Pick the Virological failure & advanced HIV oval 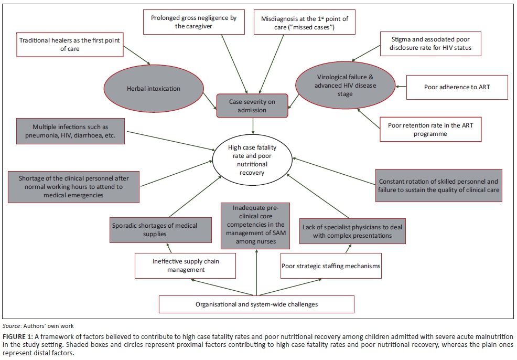[346, 86]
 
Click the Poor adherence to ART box [457, 87]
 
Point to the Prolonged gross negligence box [193, 22]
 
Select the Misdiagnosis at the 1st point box [304, 23]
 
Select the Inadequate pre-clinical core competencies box [255, 226]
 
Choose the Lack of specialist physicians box [352, 231]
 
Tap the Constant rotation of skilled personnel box [439, 185]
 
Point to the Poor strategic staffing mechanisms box [330, 266]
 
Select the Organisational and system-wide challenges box [256, 304]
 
